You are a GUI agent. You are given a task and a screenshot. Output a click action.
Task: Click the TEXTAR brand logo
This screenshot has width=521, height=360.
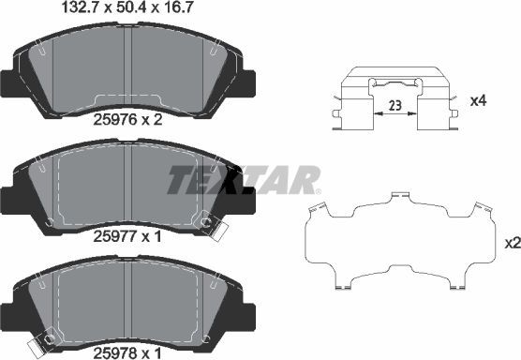point(243,179)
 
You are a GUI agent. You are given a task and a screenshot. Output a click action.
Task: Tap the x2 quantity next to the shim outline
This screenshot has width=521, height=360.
point(512,243)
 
